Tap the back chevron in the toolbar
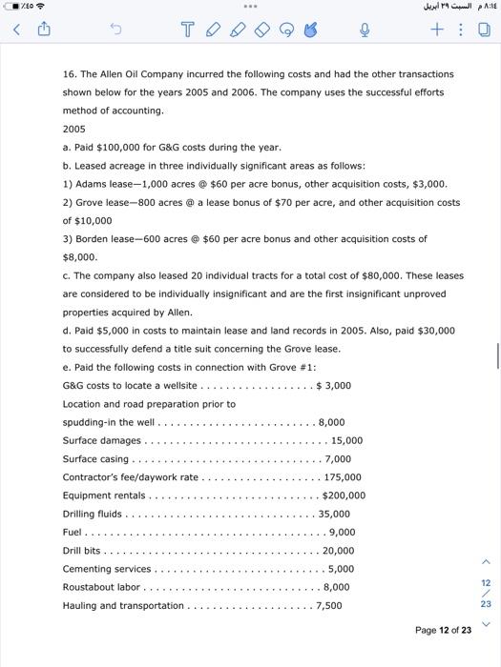[13, 30]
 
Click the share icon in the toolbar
[42, 30]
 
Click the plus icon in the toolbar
[434, 30]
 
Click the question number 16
[69, 73]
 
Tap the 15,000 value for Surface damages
[346, 440]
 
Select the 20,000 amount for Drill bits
[339, 551]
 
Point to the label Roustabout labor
[101, 587]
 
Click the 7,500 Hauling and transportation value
[328, 605]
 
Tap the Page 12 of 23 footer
[443, 630]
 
